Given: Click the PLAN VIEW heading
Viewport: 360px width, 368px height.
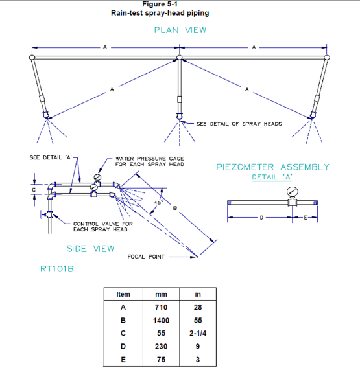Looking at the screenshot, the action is [180, 30].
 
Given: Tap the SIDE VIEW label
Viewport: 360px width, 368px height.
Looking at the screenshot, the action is [90, 249].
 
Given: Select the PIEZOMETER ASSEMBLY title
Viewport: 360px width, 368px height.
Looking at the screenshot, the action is [272, 167].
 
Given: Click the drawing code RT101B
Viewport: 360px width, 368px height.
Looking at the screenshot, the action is [57, 269].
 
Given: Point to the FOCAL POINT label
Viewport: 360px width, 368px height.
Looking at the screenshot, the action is [146, 257].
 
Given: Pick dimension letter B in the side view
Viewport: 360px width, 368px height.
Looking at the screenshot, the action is [175, 208].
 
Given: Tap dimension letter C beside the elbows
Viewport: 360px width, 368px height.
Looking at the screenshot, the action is [34, 190].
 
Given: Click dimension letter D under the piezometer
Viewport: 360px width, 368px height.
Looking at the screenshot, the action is [261, 218].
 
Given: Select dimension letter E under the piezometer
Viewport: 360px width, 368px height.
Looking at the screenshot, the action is [306, 218].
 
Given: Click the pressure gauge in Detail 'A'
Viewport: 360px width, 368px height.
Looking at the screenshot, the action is [293, 192].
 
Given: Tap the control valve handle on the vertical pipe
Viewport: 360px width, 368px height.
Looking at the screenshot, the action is [42, 214].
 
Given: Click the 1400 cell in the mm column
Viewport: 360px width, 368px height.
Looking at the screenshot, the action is [162, 320].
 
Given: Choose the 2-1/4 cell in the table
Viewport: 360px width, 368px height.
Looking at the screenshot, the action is [198, 333].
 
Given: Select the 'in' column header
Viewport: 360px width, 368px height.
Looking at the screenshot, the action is [198, 294].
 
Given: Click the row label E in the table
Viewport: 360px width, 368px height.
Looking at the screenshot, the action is [123, 360].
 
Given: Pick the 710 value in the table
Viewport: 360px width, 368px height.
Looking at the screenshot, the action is [162, 307].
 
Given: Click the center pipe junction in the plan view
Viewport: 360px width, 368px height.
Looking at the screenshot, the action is [179, 58].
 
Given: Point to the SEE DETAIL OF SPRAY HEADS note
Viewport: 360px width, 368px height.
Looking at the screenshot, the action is [239, 124].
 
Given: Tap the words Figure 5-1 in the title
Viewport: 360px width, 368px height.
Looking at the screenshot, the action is [160, 5].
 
